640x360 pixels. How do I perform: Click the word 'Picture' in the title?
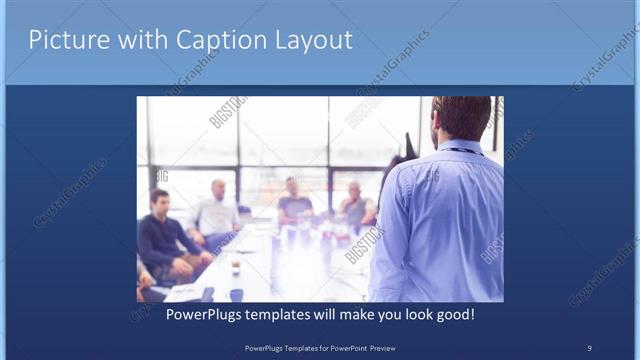66,41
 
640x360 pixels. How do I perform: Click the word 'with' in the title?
140,41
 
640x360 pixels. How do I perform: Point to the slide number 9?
589,347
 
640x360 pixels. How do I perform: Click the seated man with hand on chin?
356,205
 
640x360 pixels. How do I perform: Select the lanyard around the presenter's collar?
463,151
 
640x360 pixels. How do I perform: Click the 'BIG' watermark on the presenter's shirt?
432,177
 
